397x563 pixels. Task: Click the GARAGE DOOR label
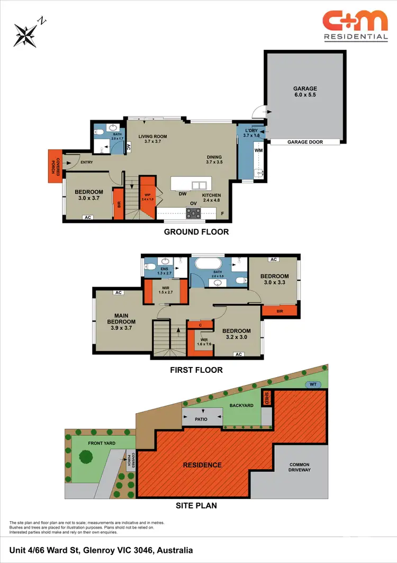tap(305, 142)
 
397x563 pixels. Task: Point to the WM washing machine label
tap(259, 151)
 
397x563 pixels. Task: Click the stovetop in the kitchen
tap(193, 213)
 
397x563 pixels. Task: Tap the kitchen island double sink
tap(199, 185)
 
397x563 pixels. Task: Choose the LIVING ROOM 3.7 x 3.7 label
tap(153, 139)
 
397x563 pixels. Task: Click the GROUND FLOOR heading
tap(196, 232)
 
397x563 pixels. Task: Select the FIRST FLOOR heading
tap(196, 370)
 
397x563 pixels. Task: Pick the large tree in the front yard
tap(86, 456)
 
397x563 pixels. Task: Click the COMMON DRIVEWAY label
tap(299, 468)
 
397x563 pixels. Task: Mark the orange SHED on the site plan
tap(267, 398)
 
